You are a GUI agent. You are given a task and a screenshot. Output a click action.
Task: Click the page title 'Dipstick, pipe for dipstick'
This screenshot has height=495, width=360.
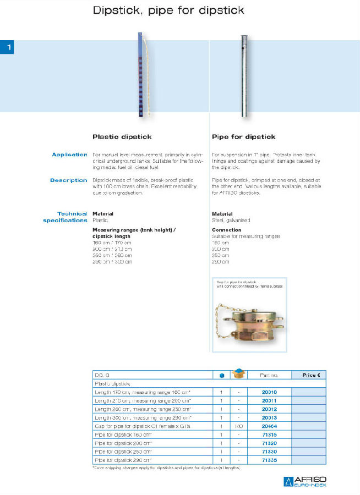(x=168, y=10)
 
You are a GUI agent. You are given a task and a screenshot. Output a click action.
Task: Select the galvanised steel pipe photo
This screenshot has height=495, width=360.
(x=243, y=75)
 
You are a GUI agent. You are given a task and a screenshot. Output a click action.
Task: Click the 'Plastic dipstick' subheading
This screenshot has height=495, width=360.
(x=122, y=136)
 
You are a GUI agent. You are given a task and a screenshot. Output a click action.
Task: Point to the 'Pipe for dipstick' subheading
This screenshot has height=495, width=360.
(x=243, y=136)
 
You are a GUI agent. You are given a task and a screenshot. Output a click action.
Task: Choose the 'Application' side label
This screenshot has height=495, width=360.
(x=69, y=155)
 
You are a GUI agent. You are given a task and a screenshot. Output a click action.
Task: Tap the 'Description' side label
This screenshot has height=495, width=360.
(x=69, y=180)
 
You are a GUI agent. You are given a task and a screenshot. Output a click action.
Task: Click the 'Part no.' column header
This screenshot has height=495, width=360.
(x=269, y=375)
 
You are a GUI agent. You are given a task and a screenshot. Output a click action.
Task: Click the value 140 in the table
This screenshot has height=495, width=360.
(x=239, y=426)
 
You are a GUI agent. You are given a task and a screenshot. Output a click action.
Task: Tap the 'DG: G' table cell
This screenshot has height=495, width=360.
(x=102, y=375)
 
